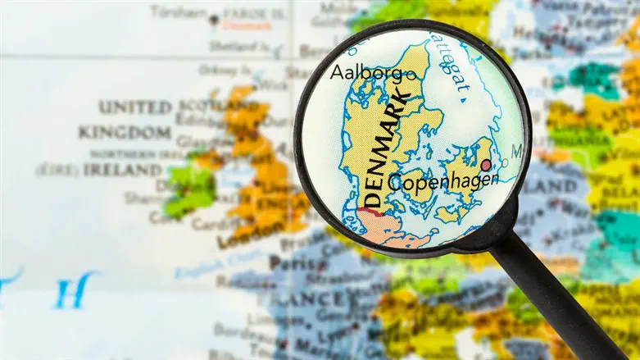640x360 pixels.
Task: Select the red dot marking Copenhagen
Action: [486, 166]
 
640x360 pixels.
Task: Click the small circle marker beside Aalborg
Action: [411, 74]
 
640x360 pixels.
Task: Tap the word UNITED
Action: [135, 107]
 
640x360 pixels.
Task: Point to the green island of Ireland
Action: [190, 191]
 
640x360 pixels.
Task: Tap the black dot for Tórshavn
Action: [215, 18]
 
